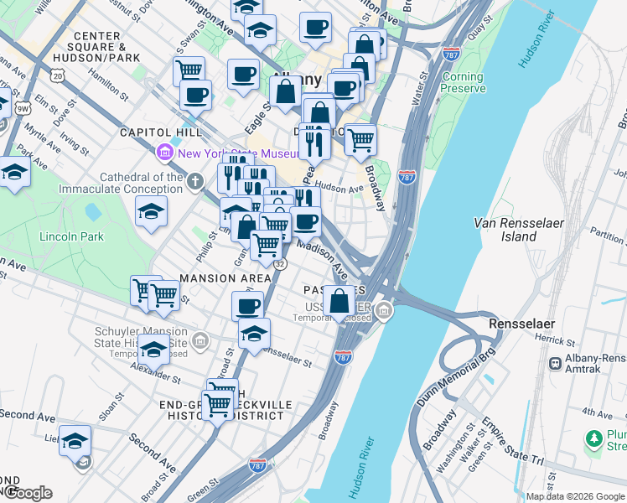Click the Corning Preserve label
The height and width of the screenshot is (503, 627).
click(x=464, y=82)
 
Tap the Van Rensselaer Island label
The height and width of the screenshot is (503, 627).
click(x=505, y=230)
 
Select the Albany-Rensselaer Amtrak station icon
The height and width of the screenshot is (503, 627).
click(x=554, y=363)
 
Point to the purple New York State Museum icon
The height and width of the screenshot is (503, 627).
click(x=163, y=153)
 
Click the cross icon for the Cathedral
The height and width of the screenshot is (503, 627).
click(x=194, y=181)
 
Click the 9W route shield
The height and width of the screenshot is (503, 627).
click(x=23, y=107)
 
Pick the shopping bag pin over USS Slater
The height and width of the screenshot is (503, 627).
click(x=339, y=301)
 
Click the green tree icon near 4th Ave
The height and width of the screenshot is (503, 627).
click(x=594, y=438)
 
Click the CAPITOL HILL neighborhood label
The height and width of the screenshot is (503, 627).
click(x=160, y=132)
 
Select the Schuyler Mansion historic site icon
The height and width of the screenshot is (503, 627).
click(x=199, y=340)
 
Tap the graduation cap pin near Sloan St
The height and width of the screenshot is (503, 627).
click(x=75, y=440)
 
